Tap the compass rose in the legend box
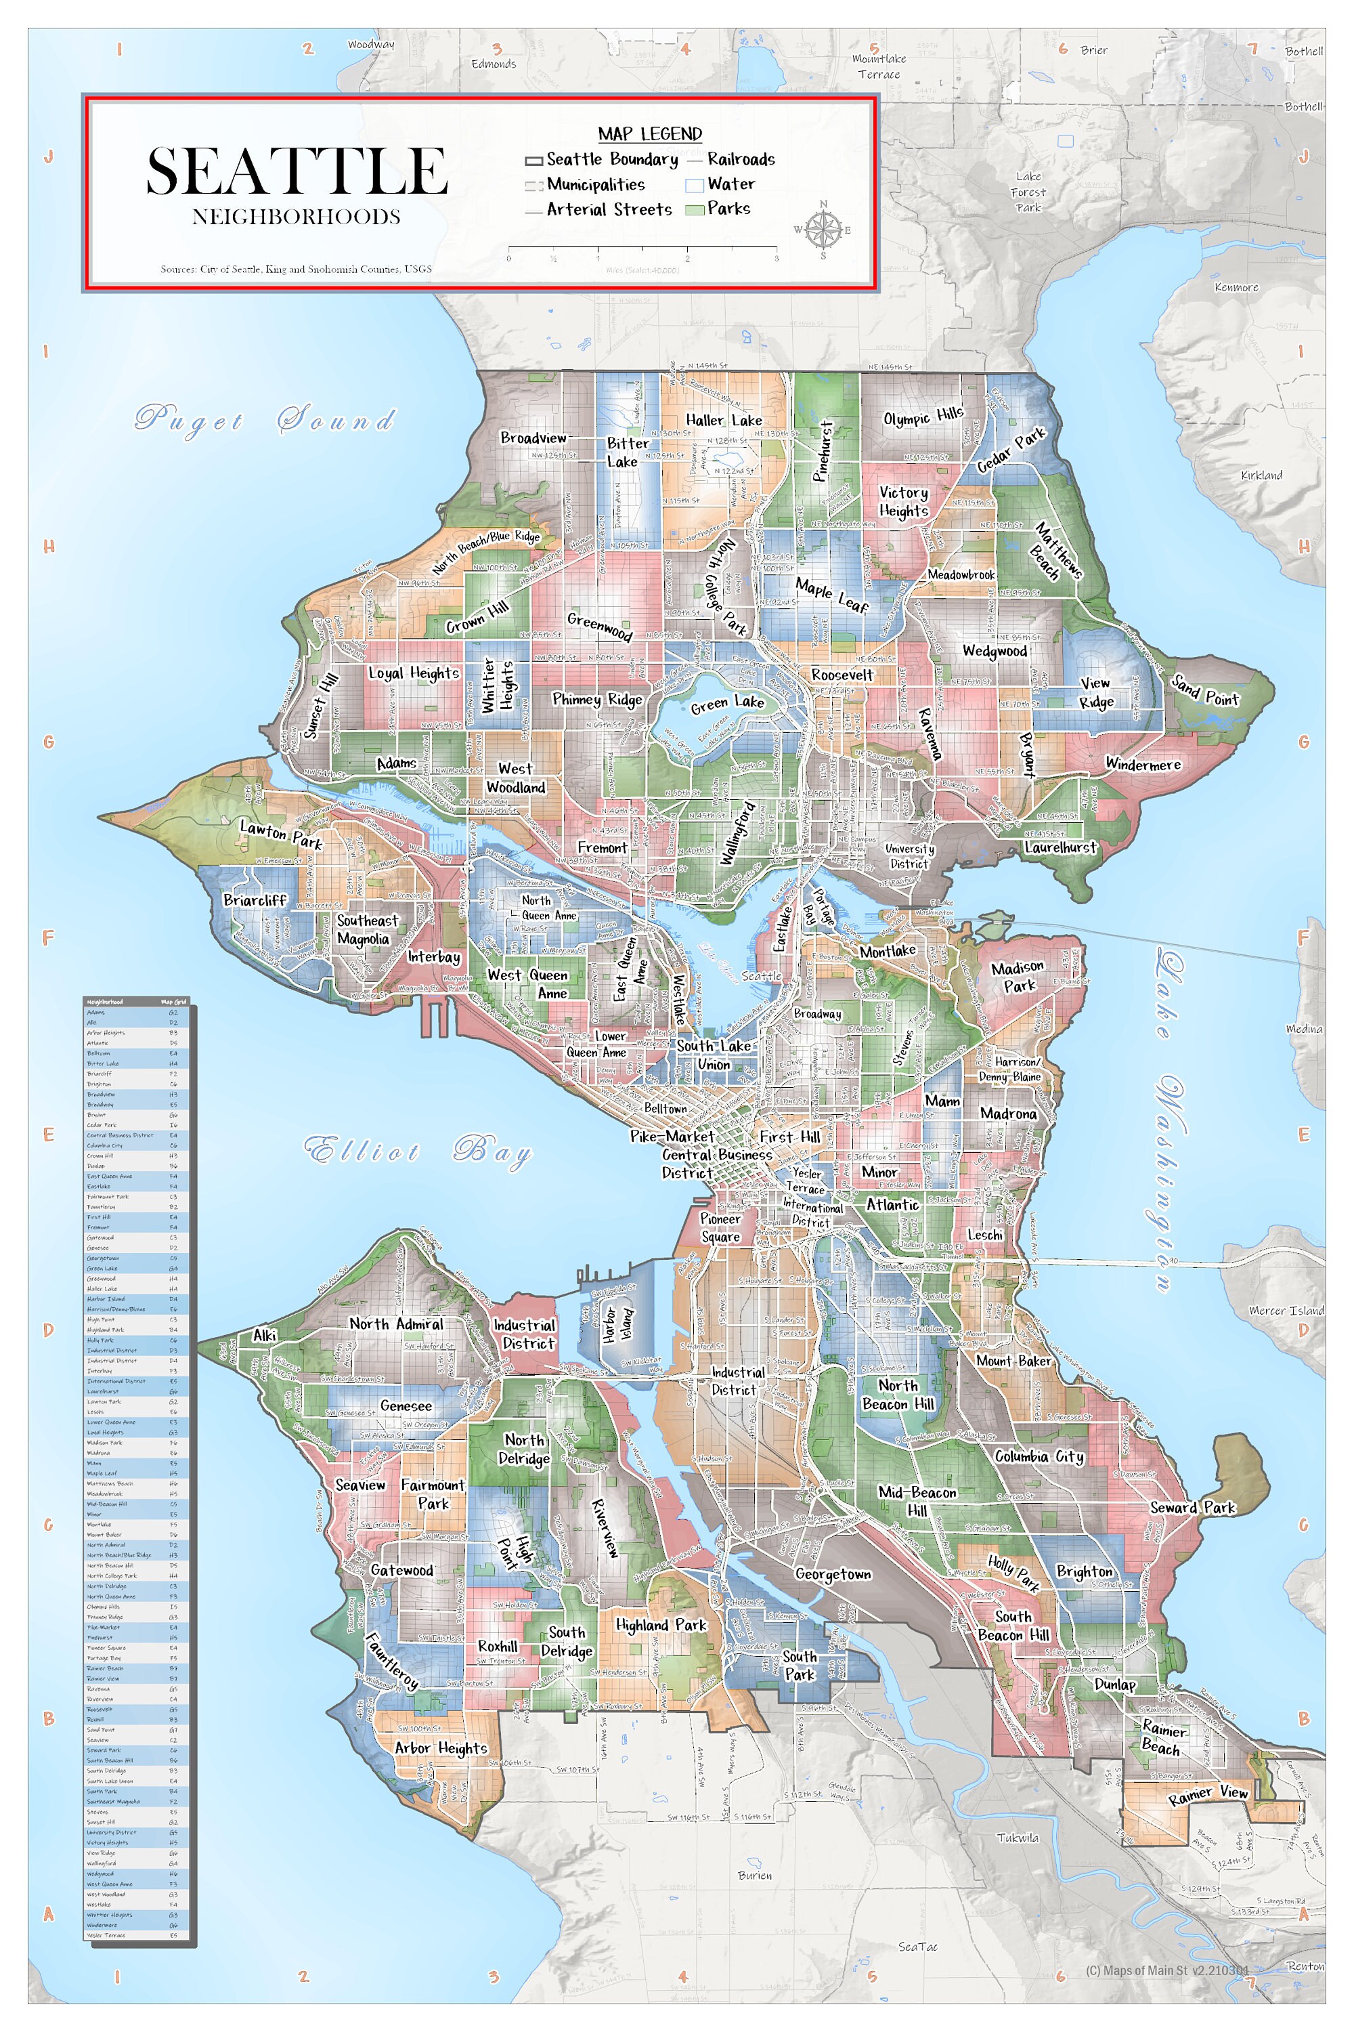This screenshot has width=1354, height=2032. click(823, 230)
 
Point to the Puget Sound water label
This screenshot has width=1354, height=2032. click(264, 420)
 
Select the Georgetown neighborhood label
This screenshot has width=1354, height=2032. click(833, 1573)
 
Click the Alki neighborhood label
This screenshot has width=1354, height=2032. click(264, 1335)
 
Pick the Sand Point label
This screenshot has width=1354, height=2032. click(1204, 691)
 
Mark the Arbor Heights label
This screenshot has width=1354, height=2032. click(441, 1748)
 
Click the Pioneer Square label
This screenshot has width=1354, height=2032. click(720, 1227)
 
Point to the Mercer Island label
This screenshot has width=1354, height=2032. click(1286, 1311)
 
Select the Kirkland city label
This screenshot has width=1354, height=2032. click(1261, 475)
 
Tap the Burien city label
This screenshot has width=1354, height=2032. click(755, 1875)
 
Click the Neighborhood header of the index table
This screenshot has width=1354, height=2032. click(106, 1001)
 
